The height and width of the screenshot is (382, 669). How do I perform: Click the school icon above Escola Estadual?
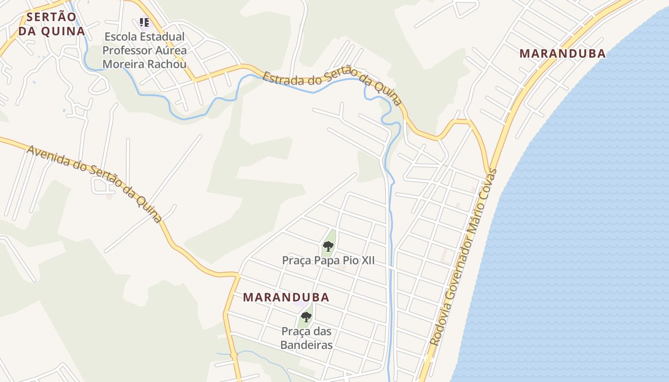click(144, 22)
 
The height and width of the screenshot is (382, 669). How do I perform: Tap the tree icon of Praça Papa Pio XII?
click(328, 246)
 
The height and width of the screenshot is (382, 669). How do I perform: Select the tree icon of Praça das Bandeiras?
click(306, 317)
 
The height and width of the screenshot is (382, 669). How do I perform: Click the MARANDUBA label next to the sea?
click(562, 53)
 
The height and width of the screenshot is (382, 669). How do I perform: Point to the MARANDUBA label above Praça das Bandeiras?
click(286, 297)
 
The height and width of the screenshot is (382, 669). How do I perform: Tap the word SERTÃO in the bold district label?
click(51, 17)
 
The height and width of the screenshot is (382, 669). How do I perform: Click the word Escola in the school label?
click(118, 37)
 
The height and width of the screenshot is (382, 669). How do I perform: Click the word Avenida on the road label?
click(46, 155)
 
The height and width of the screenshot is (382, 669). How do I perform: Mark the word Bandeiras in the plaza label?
click(306, 344)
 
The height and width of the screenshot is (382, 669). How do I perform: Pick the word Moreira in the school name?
click(123, 64)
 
